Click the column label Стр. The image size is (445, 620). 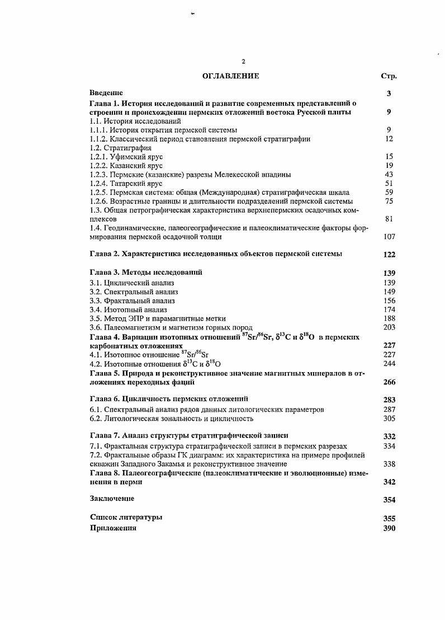(389, 76)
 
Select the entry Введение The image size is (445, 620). (106, 93)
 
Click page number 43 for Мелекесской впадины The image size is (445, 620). (390, 174)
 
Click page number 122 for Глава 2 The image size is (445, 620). (389, 255)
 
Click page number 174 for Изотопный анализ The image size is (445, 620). (389, 309)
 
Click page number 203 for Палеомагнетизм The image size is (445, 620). (389, 327)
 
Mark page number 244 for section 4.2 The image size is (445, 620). (389, 364)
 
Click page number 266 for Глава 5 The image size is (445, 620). (389, 383)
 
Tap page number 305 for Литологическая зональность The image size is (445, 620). (389, 418)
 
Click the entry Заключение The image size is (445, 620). (112, 498)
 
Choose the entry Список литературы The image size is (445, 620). (126, 518)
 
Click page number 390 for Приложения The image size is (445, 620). (389, 528)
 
